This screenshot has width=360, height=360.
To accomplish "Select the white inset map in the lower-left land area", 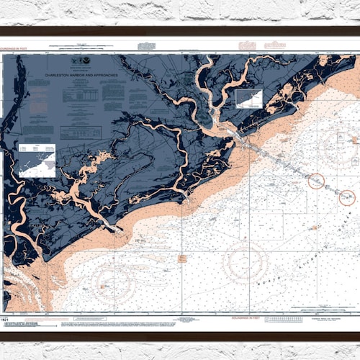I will tap(37, 159).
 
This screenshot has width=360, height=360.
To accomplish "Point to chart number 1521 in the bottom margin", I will tap(5, 318).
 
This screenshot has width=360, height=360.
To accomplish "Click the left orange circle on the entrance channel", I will tap(316, 181).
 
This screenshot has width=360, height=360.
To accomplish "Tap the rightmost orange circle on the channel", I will tap(347, 196).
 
